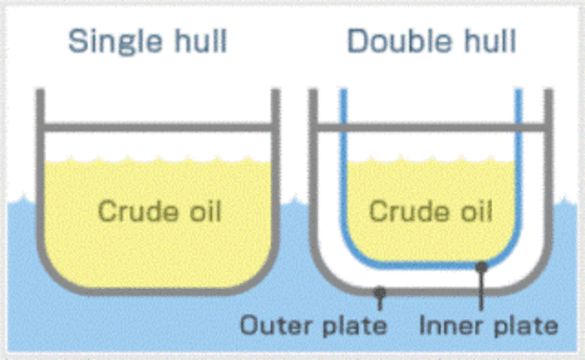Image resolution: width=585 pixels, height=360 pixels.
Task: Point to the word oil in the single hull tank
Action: click(x=202, y=212)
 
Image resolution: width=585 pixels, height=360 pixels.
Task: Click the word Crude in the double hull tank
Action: click(x=399, y=212)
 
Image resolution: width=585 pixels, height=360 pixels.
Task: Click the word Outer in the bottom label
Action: click(x=271, y=325)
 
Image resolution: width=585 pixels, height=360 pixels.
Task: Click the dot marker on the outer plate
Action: click(x=379, y=291)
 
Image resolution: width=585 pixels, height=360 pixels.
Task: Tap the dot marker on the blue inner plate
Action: click(x=481, y=266)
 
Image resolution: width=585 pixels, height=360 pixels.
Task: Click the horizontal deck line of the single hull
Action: click(x=155, y=124)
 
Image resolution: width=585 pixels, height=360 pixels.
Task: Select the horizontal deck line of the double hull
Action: click(x=430, y=124)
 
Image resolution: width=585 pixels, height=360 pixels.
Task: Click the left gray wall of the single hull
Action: click(x=39, y=183)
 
